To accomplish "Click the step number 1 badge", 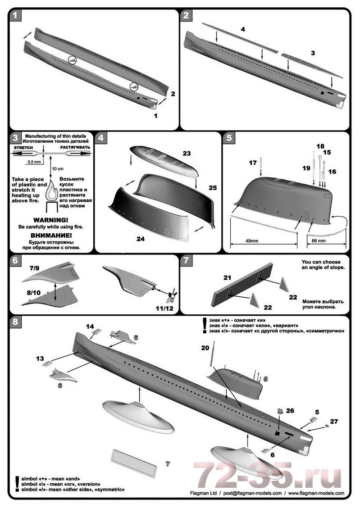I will pyautogui.click(x=16, y=16).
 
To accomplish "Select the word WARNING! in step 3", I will pyautogui.click(x=50, y=220).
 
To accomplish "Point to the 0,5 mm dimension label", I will pyautogui.click(x=33, y=161).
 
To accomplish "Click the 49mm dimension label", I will pyautogui.click(x=252, y=241).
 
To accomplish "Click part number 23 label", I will pyautogui.click(x=187, y=154).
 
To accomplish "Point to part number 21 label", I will pyautogui.click(x=227, y=278).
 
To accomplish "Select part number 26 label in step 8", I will pyautogui.click(x=290, y=410).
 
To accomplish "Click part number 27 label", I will pyautogui.click(x=334, y=422).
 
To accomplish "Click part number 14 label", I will pyautogui.click(x=90, y=325).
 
